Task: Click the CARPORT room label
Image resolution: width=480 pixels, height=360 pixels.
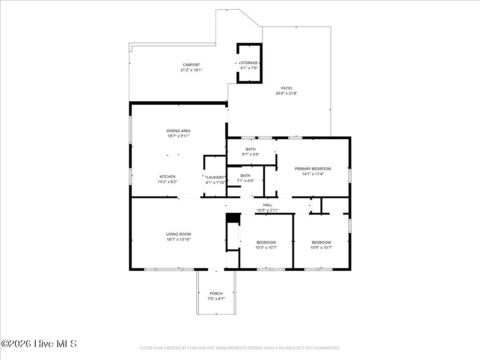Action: (x=191, y=65)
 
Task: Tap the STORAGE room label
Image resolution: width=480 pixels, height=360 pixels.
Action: (x=249, y=63)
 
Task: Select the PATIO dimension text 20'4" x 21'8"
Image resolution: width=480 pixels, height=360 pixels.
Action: (x=286, y=93)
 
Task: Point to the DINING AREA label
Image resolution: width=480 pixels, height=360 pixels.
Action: (x=178, y=131)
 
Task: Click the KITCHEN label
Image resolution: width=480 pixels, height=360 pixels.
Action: (x=168, y=177)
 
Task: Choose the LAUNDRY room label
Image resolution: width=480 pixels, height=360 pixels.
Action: (x=215, y=177)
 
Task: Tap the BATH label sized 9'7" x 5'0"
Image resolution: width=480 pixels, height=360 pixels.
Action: (x=251, y=149)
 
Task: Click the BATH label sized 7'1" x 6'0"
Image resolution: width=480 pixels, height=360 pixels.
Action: (x=245, y=176)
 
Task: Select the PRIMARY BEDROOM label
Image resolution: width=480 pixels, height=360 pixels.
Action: (x=313, y=169)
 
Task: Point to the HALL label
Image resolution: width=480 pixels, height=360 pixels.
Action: (x=268, y=205)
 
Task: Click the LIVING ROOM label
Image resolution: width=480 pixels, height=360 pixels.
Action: (x=178, y=234)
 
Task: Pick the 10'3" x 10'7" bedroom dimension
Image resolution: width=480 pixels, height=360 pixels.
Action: (x=266, y=248)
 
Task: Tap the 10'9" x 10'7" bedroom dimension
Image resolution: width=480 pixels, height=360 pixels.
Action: (x=321, y=248)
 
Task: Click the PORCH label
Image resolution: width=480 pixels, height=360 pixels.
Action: (x=216, y=294)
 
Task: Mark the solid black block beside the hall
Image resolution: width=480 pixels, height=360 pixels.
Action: (x=233, y=218)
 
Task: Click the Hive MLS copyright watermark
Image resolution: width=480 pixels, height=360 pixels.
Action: (x=39, y=344)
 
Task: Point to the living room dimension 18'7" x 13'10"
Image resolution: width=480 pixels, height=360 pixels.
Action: (x=178, y=239)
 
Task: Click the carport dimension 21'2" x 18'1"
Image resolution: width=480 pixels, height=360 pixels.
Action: (x=191, y=70)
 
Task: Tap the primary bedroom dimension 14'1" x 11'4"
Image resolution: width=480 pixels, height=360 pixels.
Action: (x=313, y=174)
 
